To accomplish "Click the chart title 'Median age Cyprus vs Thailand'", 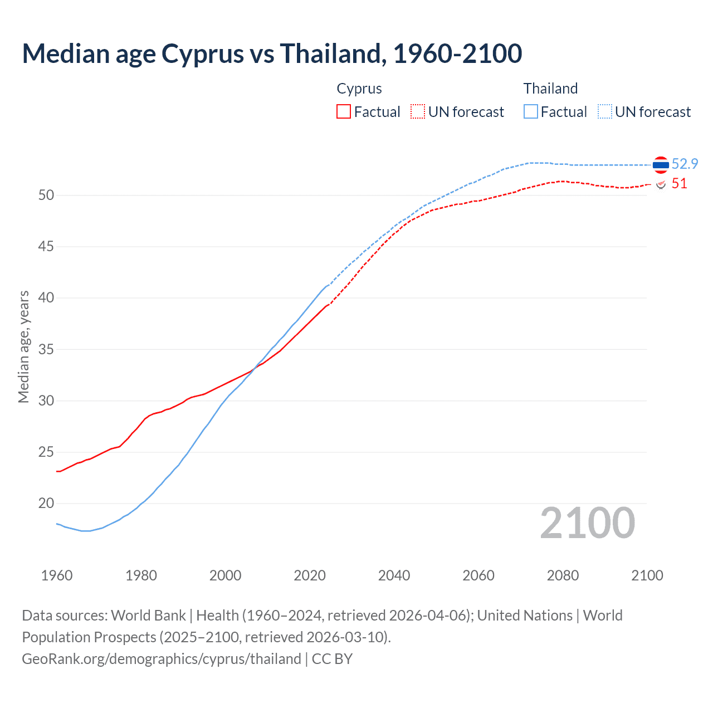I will [272, 54].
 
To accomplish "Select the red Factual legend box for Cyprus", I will [344, 111].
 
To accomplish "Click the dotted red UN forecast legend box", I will [418, 111].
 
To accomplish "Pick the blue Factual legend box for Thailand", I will [531, 111].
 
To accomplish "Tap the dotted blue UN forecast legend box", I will [605, 111].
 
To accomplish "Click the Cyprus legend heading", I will [359, 89].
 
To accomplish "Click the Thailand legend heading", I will [550, 89].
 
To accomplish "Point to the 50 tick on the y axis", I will [46, 195].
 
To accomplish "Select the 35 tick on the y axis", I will [46, 349].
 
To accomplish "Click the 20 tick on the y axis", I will [46, 504].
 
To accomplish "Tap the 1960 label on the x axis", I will [57, 575].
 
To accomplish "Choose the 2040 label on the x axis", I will [394, 575].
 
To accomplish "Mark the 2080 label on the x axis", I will [563, 575].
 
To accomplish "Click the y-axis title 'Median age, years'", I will [23, 346].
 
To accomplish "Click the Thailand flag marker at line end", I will [661, 165].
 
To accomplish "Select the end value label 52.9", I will [685, 164].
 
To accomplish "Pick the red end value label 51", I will [679, 184].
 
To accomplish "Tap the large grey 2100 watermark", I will [588, 522].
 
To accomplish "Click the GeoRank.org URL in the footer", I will [162, 659].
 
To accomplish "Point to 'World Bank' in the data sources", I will [148, 616].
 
